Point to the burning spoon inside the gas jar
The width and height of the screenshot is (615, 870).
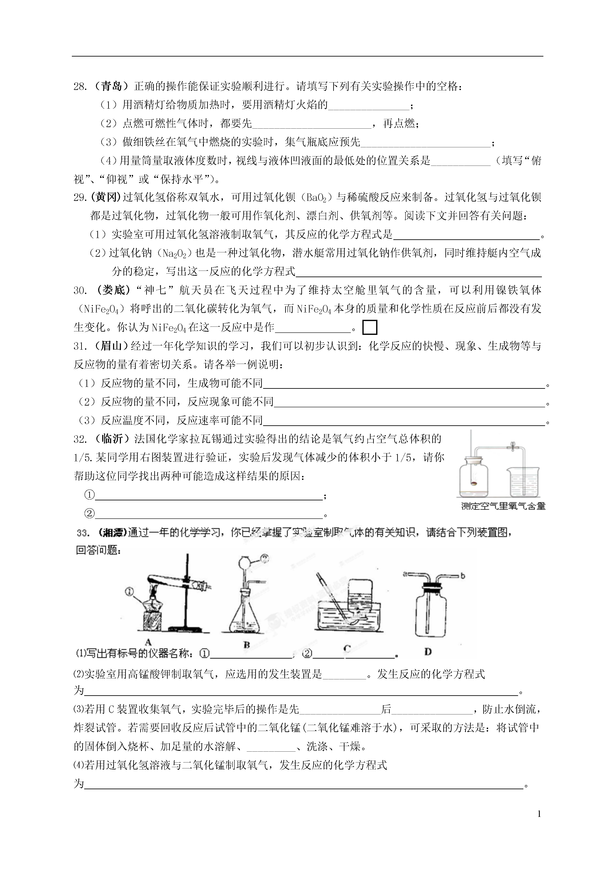click(474, 483)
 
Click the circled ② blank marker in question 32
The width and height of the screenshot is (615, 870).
click(89, 514)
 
